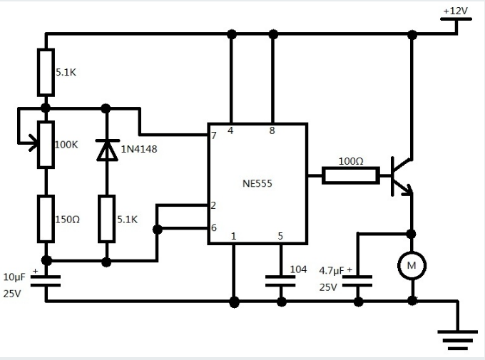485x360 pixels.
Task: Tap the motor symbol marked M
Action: point(412,266)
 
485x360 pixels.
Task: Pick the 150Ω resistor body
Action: point(46,218)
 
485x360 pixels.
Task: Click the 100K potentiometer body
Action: point(46,144)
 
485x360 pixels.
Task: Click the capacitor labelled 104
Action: point(281,279)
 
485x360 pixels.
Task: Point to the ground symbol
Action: point(457,339)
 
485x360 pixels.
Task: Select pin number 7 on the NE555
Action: point(213,135)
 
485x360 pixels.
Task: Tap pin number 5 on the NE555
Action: point(280,236)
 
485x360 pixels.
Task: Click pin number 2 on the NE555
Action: point(213,205)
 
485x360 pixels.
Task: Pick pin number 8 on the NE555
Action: point(272,130)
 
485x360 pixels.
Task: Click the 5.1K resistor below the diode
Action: point(107,218)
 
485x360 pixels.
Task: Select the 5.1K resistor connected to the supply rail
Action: point(46,72)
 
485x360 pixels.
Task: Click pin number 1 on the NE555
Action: point(233,236)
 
